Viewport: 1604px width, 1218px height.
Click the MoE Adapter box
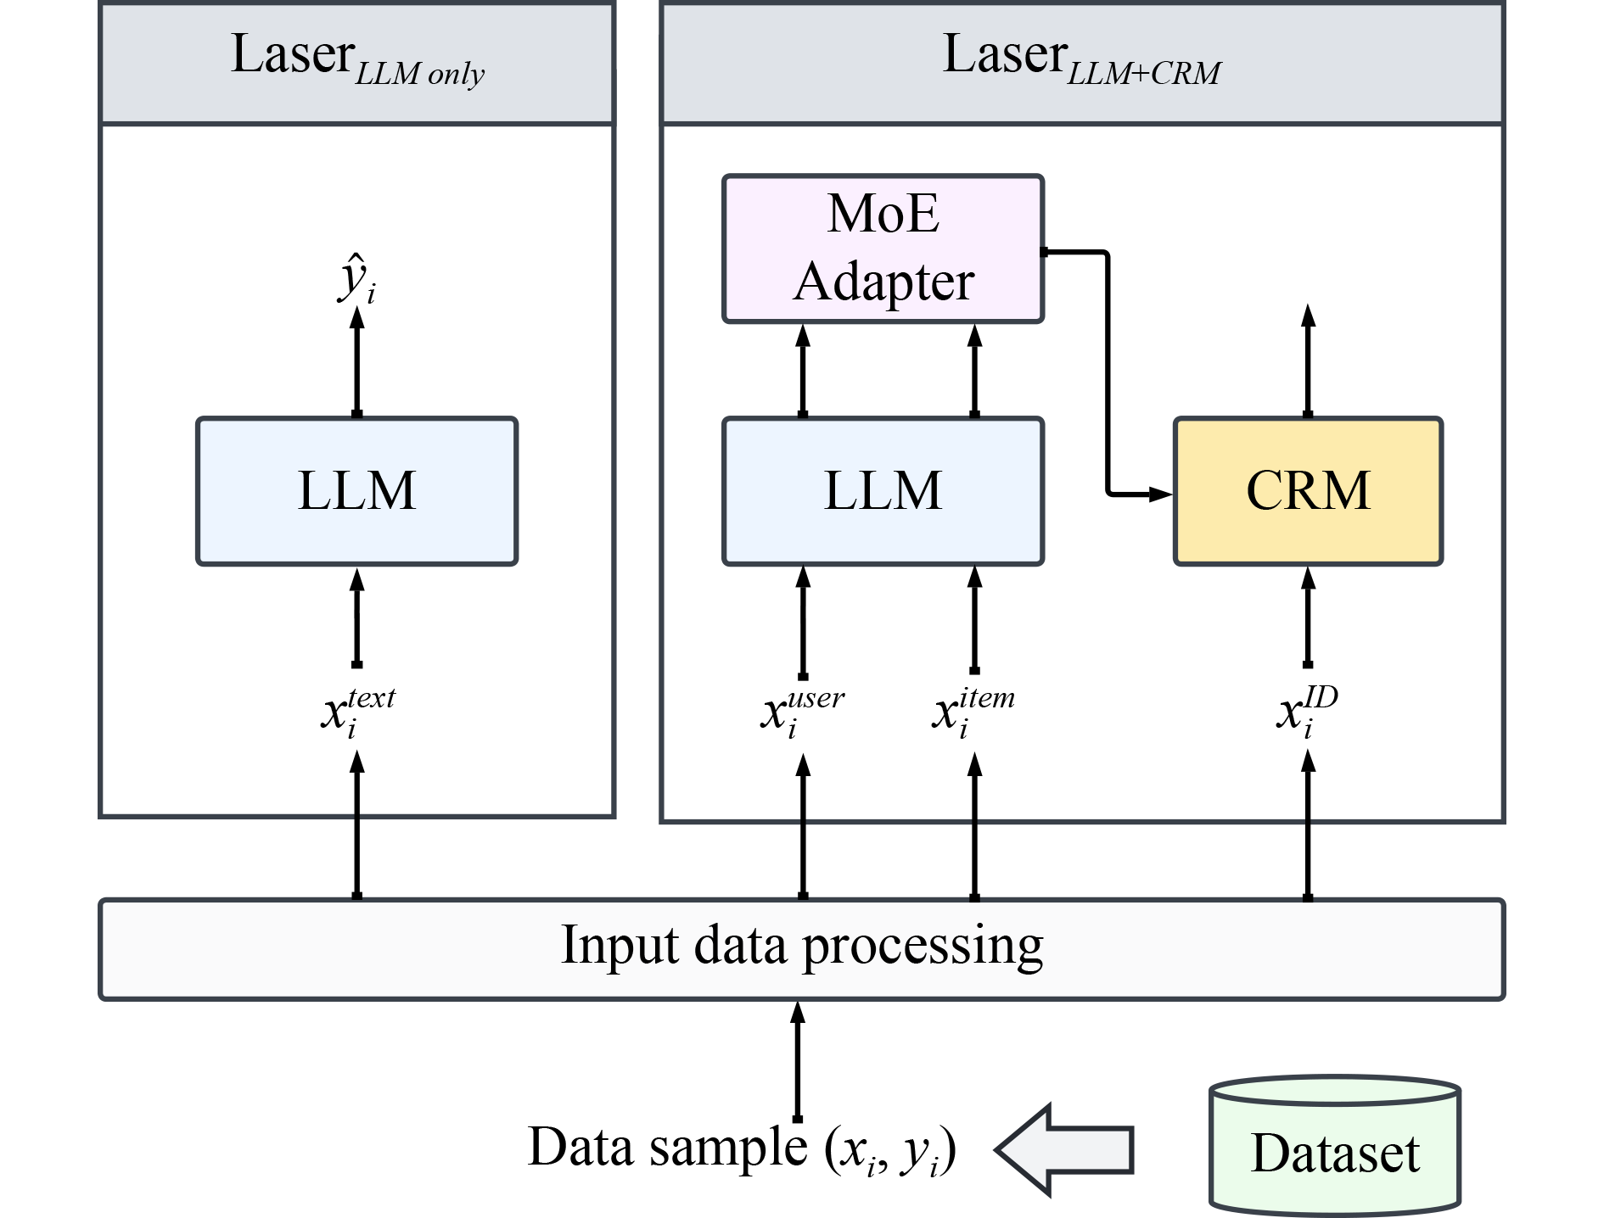(x=883, y=249)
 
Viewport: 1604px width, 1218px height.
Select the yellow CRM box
(x=1308, y=491)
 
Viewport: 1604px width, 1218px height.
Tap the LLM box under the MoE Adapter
(x=883, y=491)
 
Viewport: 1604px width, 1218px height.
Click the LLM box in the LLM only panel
(x=356, y=491)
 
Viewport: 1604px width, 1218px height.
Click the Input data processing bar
(x=801, y=948)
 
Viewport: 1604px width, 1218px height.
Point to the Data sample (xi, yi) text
(x=742, y=1148)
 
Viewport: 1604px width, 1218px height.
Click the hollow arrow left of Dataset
(x=1064, y=1149)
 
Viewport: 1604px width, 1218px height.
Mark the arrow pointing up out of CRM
(x=1308, y=360)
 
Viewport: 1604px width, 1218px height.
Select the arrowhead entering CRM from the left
(x=1159, y=493)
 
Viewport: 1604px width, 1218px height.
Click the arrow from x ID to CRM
(x=1308, y=617)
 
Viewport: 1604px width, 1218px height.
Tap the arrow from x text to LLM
(x=357, y=617)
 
